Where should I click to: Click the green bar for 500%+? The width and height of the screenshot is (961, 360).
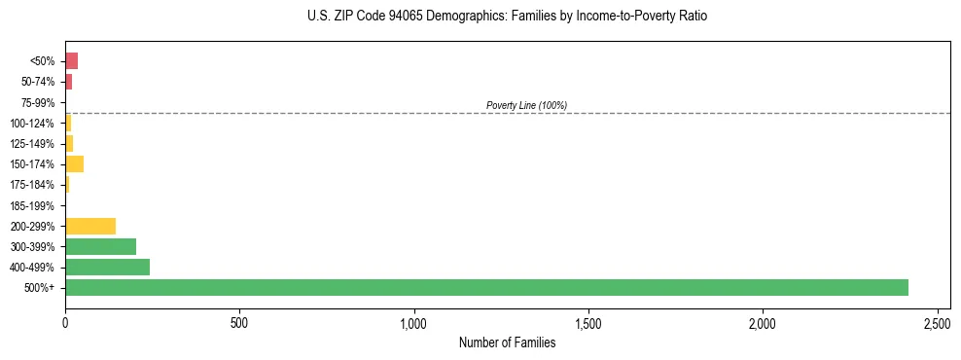point(486,287)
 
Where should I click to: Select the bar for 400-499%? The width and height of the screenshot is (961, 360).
point(107,267)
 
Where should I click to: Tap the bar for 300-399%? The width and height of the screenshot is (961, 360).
point(100,246)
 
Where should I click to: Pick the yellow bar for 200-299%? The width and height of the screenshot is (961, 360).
point(90,226)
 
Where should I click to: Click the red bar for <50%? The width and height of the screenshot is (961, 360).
point(71,61)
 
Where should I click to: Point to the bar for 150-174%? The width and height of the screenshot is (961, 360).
point(74,163)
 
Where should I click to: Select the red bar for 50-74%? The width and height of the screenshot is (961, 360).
point(68,82)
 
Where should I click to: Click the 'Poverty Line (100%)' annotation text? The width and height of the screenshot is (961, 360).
point(526,105)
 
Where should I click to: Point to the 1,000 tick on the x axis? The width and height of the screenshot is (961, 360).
point(414,321)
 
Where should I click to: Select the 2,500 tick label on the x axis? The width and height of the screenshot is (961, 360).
point(937,321)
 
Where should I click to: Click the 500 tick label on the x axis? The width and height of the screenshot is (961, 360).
point(239,321)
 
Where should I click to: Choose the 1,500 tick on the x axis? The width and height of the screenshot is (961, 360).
point(588,321)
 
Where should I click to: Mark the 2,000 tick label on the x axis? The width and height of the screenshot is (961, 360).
point(763,321)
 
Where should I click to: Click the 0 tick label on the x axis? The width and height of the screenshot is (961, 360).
point(65,321)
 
